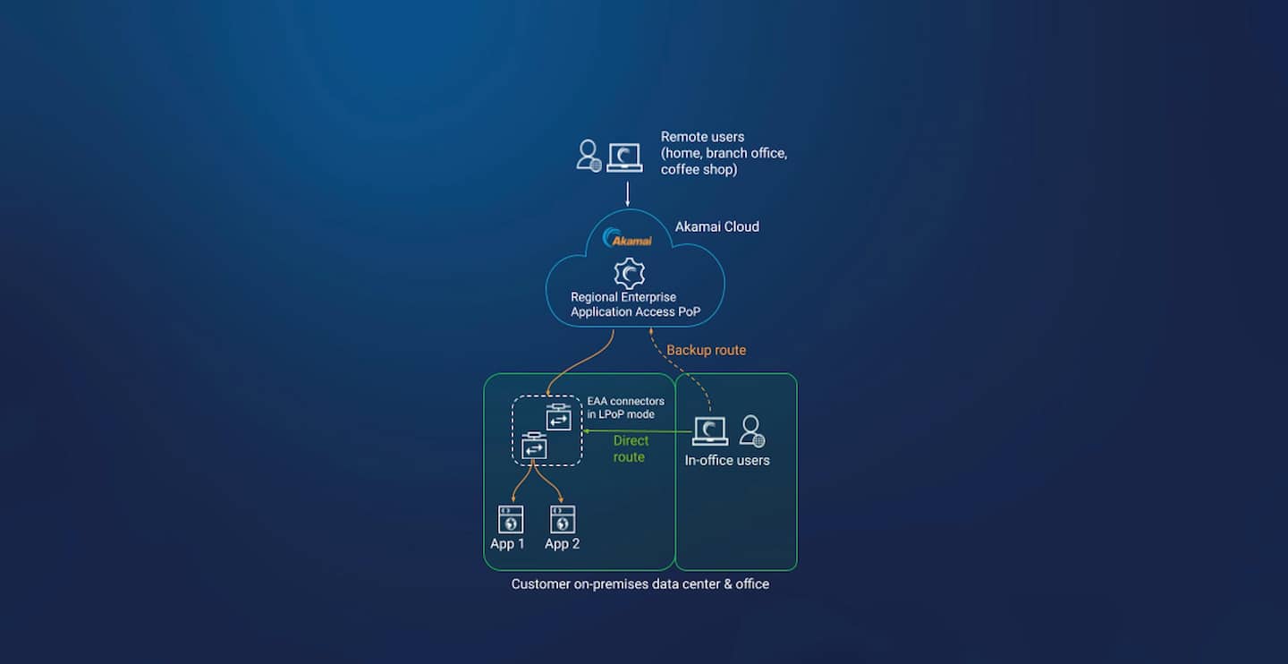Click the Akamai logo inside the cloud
tap(628, 238)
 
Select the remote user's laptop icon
tap(624, 157)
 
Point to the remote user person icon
tap(589, 156)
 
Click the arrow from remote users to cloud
tap(628, 194)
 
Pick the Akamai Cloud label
tap(716, 226)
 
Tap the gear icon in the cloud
tap(630, 273)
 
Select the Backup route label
tap(706, 350)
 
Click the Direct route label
tap(630, 448)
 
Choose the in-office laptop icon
tap(710, 431)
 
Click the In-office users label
tap(726, 460)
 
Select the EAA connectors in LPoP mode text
tap(625, 407)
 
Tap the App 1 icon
tap(510, 520)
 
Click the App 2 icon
tap(563, 520)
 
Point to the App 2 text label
tap(562, 544)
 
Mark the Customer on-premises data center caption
tap(640, 583)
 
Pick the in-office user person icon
tap(751, 430)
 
